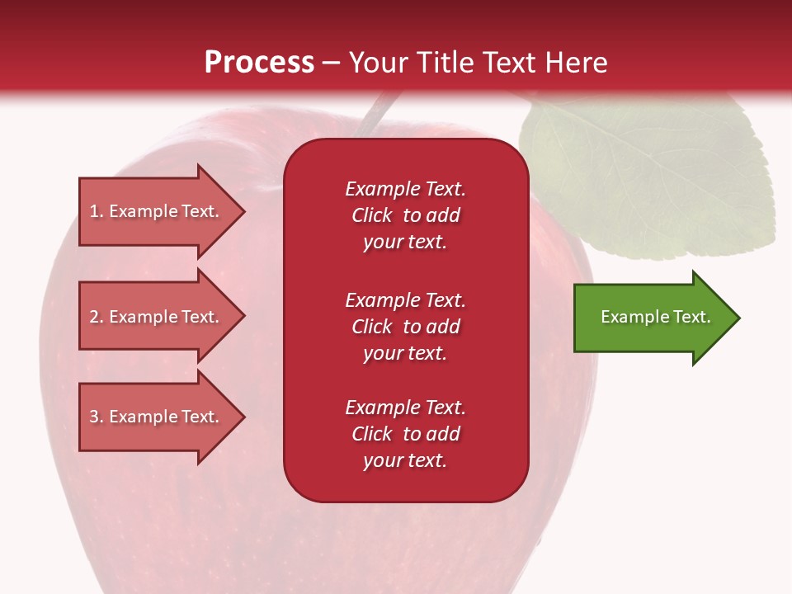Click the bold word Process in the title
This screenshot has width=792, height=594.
click(x=259, y=63)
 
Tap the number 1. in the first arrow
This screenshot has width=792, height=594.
click(x=96, y=212)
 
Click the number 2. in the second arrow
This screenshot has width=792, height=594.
click(x=96, y=317)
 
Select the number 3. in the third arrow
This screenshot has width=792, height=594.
click(x=96, y=417)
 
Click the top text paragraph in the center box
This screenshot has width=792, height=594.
click(x=405, y=215)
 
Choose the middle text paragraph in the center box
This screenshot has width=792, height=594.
click(x=405, y=327)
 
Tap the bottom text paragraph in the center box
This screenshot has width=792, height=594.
click(x=405, y=434)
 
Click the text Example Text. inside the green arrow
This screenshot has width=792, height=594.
click(x=655, y=317)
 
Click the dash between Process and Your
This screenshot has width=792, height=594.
click(x=332, y=64)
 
